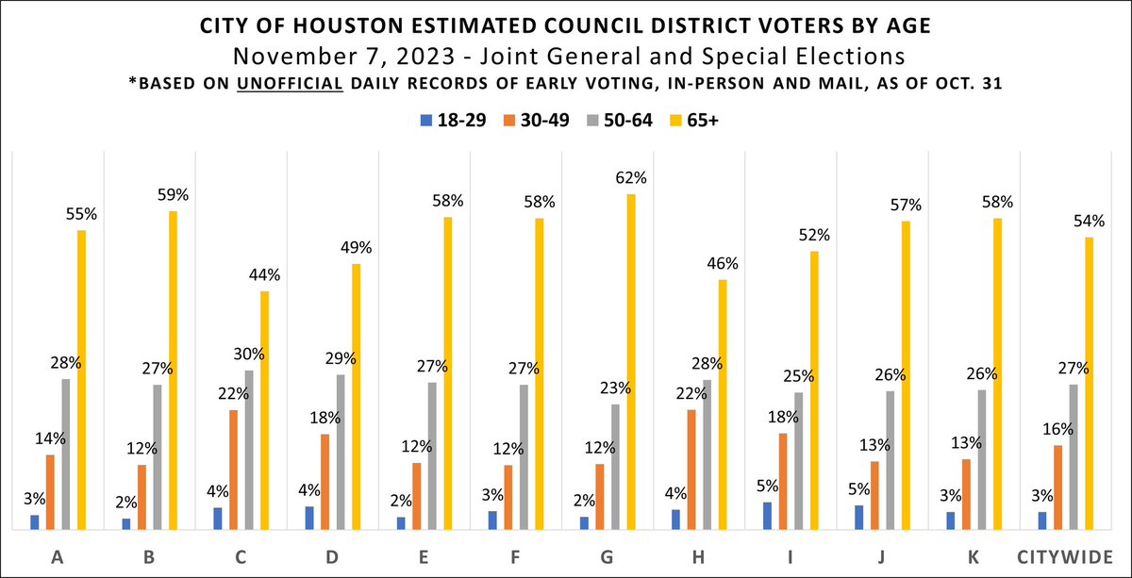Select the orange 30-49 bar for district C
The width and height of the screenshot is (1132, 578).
coord(234,471)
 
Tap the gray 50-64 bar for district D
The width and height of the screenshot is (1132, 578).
coord(341,453)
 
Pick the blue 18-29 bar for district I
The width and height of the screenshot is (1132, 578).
coord(768,517)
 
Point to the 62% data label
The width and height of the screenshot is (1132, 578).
coord(632,177)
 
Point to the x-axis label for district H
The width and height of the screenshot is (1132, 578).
coord(698,557)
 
